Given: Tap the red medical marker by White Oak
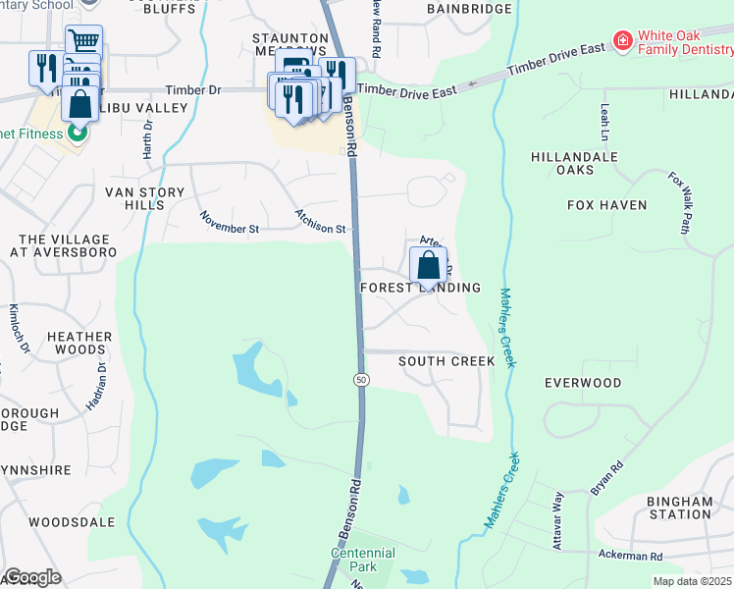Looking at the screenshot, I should (621, 40).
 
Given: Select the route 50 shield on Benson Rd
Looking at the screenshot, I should (361, 379).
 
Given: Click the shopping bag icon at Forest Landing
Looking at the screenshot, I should (428, 264).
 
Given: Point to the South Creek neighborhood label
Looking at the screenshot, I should (446, 361).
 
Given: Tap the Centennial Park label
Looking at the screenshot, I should (362, 560).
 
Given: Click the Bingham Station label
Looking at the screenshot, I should (679, 508).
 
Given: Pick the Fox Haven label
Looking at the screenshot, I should (606, 205).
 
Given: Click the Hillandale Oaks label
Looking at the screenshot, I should (574, 163).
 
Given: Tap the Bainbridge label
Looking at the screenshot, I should (470, 9).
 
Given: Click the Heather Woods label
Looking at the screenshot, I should (79, 344).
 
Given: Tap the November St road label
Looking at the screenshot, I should (229, 223).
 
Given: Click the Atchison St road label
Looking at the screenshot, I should (321, 222).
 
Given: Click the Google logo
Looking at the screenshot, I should (32, 577).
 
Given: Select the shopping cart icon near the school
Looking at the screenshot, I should (84, 41).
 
